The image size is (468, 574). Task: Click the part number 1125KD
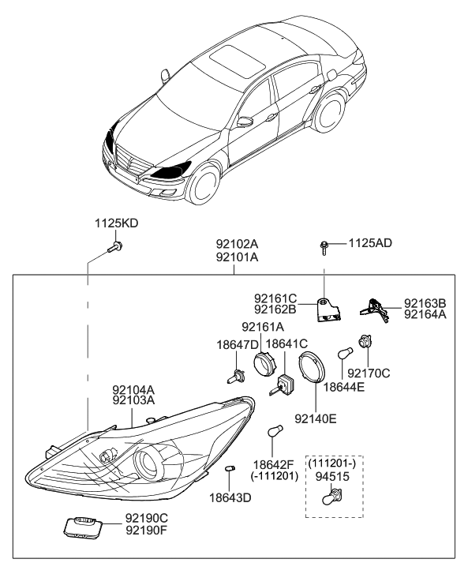[116, 224]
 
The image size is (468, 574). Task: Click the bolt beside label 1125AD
[325, 247]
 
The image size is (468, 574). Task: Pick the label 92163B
[425, 303]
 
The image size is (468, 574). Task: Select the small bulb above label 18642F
[274, 432]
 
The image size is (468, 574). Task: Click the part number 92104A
[132, 389]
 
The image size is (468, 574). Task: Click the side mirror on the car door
[246, 122]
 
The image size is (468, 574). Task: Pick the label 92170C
[369, 373]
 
